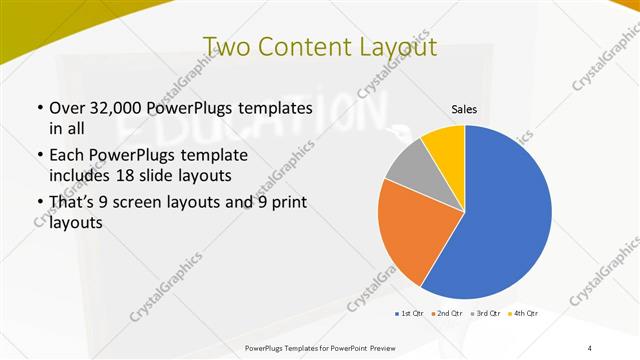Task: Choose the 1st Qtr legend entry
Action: (408, 314)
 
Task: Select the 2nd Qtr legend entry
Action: (446, 314)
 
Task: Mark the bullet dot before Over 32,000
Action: (38, 108)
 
